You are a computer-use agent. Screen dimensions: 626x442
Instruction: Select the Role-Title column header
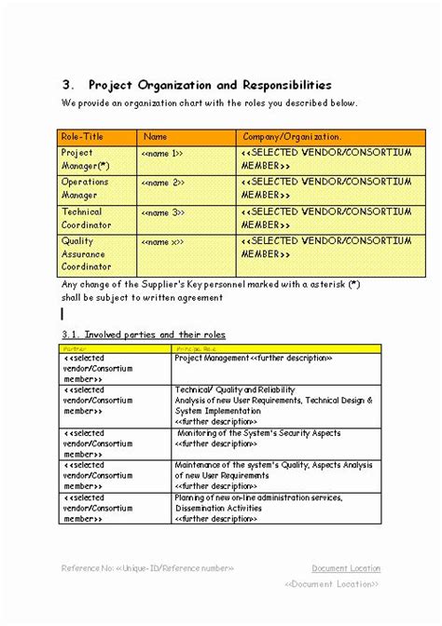point(83,136)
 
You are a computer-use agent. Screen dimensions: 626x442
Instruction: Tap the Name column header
point(156,136)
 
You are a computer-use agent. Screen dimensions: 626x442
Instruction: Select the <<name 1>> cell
point(162,153)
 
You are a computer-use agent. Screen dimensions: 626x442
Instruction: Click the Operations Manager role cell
point(85,189)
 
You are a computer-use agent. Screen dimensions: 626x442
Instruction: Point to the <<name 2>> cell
point(162,183)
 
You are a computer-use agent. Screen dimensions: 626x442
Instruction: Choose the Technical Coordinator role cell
point(86,219)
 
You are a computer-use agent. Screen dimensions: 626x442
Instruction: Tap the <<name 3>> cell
point(162,212)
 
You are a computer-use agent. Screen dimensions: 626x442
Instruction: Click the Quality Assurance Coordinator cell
point(86,253)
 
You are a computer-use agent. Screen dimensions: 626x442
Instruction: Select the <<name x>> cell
point(162,242)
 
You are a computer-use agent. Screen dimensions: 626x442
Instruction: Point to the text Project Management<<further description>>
point(253,358)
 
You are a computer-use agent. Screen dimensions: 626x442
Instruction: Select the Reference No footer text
point(147,568)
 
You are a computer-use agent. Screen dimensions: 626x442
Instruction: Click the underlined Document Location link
point(346,568)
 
